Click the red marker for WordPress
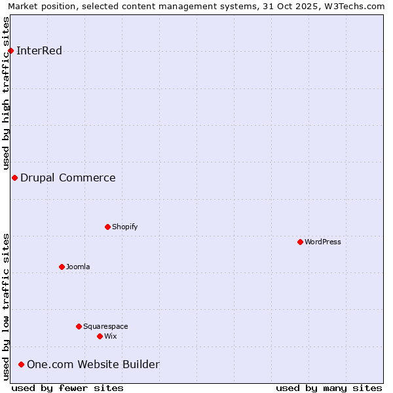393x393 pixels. pyautogui.click(x=300, y=242)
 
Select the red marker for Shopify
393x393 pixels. pyautogui.click(x=107, y=227)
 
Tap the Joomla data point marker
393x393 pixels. pyautogui.click(x=62, y=267)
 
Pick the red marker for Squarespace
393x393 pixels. pyautogui.click(x=79, y=326)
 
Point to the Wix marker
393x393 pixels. pyautogui.click(x=100, y=336)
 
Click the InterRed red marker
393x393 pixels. pyautogui.click(x=10, y=50)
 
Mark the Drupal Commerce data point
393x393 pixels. pyautogui.click(x=14, y=178)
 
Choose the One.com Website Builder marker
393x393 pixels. pyautogui.click(x=21, y=364)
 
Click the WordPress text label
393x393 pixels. pyautogui.click(x=323, y=242)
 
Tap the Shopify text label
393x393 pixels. pyautogui.click(x=124, y=227)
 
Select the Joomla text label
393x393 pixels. pyautogui.click(x=78, y=267)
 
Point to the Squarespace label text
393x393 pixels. pyautogui.click(x=105, y=326)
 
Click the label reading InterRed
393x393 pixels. pyautogui.click(x=39, y=50)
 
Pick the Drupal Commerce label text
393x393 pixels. pyautogui.click(x=68, y=178)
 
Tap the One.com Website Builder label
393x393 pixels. pyautogui.click(x=93, y=364)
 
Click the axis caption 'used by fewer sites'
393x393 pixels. pyautogui.click(x=67, y=388)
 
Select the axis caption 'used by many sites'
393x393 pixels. pyautogui.click(x=329, y=388)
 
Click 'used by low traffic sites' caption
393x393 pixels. pyautogui.click(x=7, y=307)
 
